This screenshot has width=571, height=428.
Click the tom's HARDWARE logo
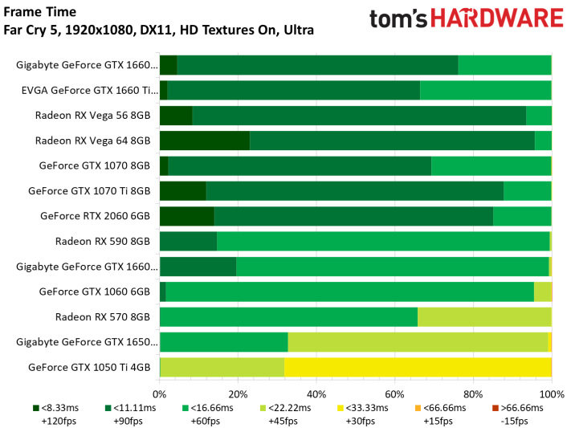pos(467,18)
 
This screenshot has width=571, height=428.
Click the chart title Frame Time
pos(39,12)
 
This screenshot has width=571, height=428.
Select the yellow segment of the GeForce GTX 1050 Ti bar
pos(418,367)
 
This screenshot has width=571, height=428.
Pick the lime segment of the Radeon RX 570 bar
pos(484,317)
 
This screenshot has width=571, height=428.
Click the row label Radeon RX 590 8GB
pos(103,242)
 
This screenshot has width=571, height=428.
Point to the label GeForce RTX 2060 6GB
pos(95,216)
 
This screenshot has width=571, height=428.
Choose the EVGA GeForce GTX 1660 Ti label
pos(90,90)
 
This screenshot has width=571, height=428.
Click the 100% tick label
pos(552,394)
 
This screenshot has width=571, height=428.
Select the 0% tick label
pos(160,394)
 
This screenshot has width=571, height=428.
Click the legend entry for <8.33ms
pos(55,414)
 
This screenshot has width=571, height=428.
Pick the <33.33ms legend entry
pos(363,414)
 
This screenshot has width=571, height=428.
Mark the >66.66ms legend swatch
pos(496,409)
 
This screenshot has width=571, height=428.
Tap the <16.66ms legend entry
pos(207,414)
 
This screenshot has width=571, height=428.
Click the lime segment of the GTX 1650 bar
pos(418,342)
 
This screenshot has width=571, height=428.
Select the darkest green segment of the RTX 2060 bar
pos(187,216)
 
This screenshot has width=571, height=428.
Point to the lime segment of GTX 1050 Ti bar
pos(222,367)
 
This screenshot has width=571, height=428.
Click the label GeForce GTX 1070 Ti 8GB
pos(89,191)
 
